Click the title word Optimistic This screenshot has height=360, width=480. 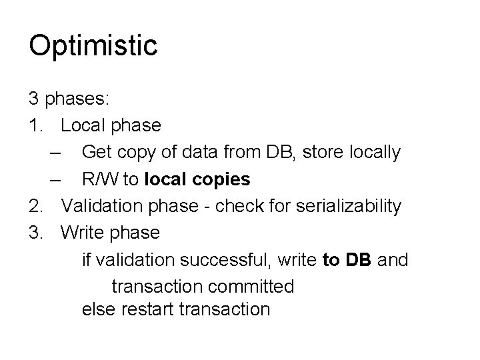(x=93, y=45)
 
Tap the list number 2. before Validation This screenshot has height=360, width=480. (x=36, y=206)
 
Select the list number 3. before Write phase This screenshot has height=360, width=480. (x=36, y=233)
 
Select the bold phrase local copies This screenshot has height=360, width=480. (x=197, y=179)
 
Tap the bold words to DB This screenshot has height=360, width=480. (x=347, y=259)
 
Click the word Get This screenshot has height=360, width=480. (x=97, y=153)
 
